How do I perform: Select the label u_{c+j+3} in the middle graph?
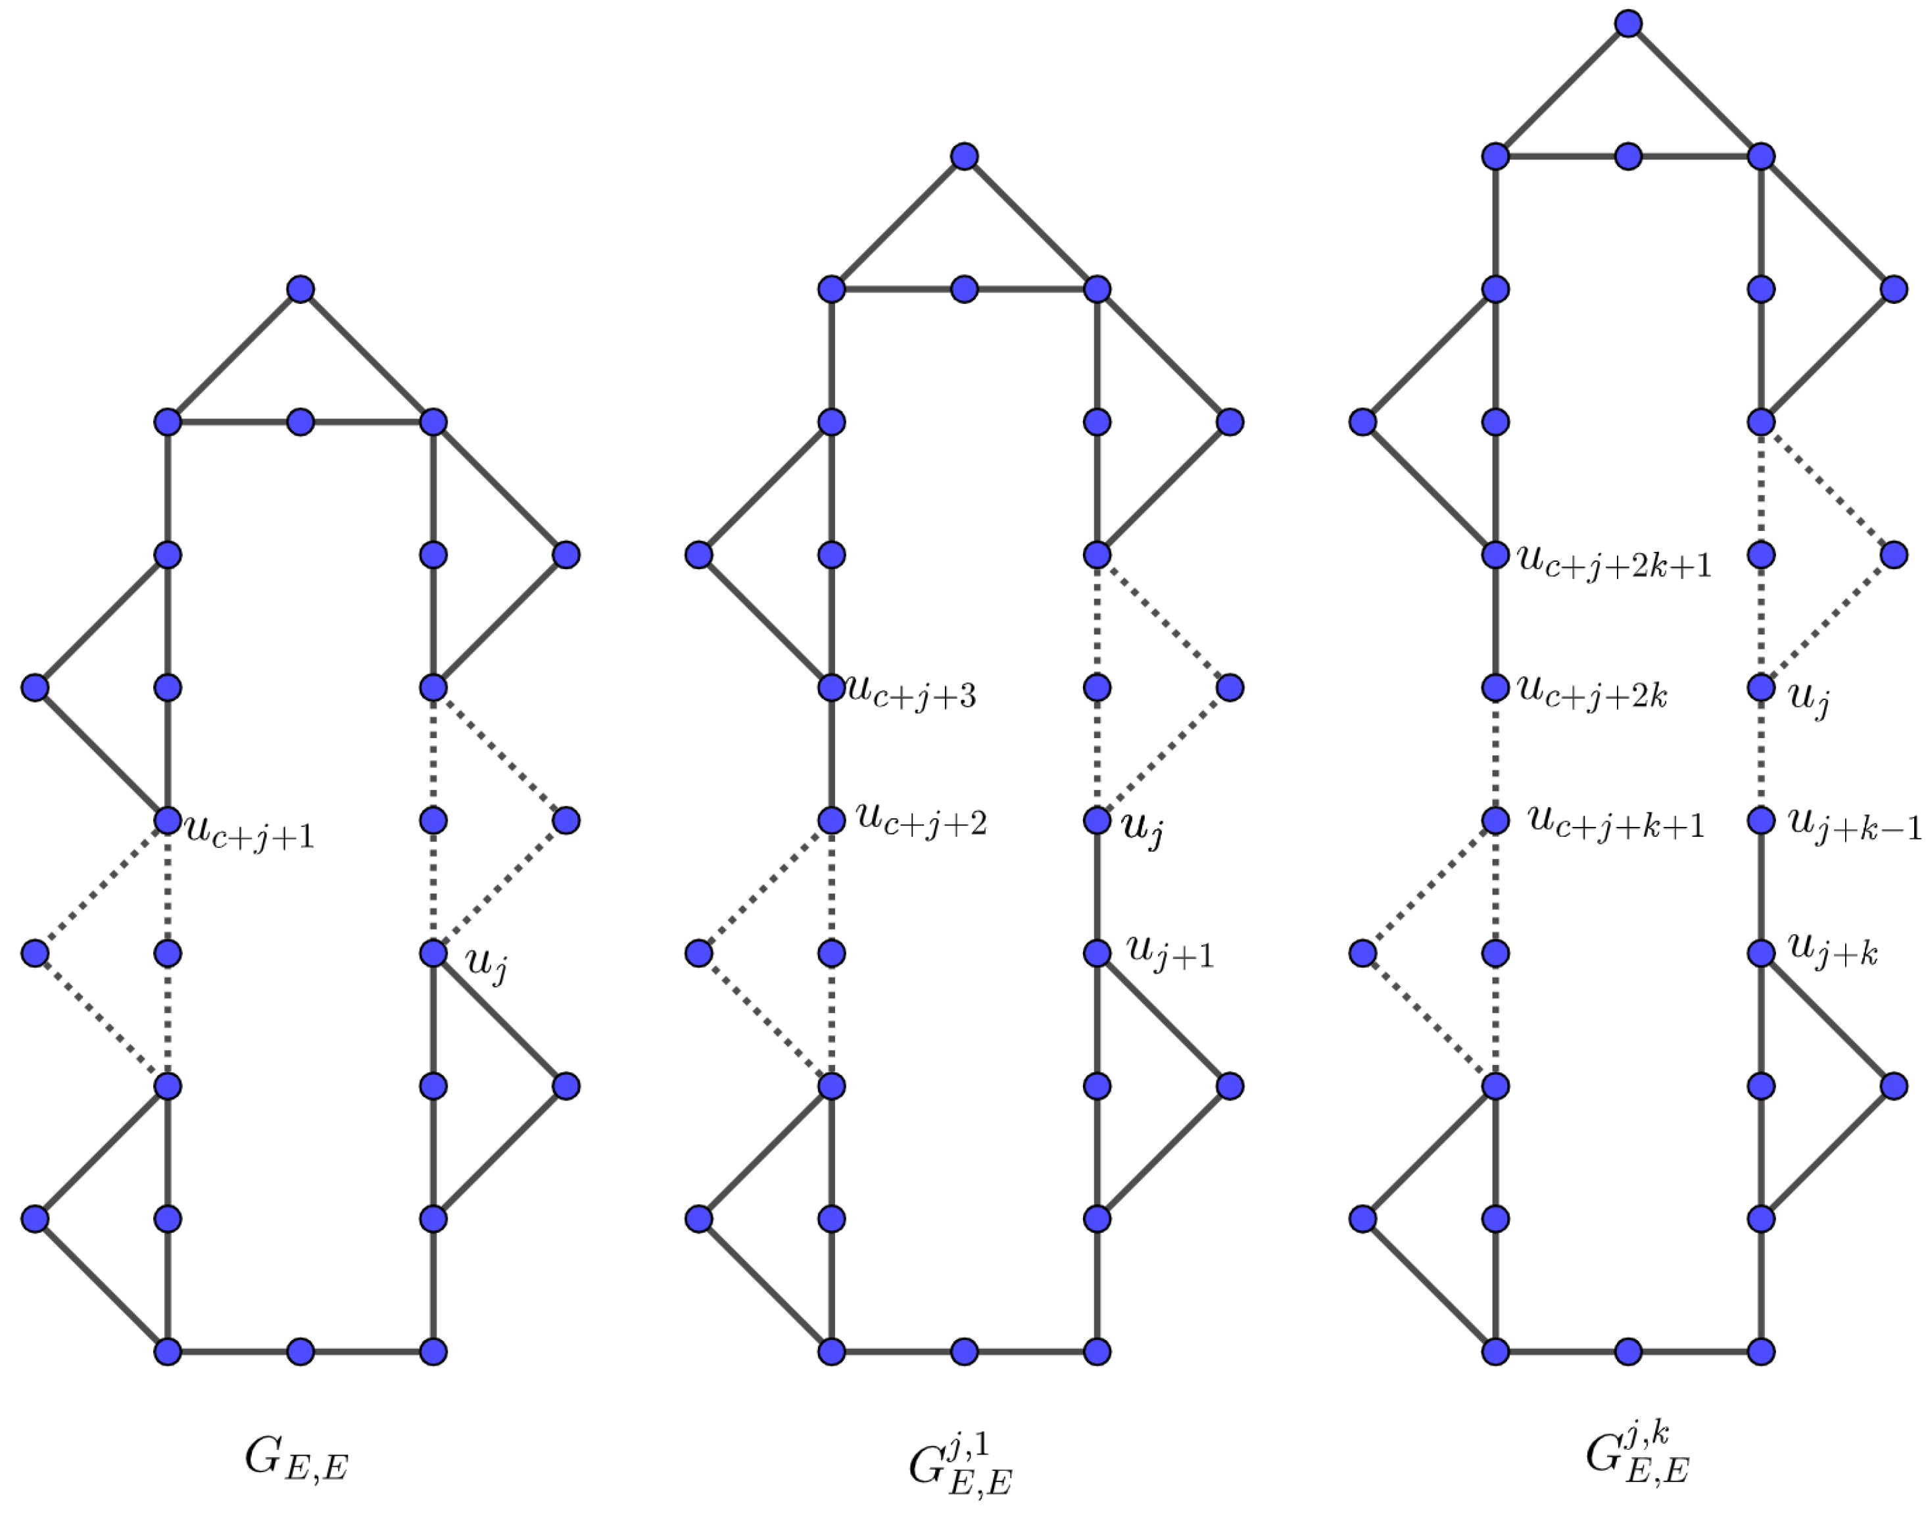point(911,693)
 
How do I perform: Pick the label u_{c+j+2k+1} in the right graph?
point(1614,562)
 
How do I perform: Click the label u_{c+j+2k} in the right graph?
point(1592,692)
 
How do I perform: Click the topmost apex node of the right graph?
point(1628,23)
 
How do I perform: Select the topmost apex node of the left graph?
point(301,289)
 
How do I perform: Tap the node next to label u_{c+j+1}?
point(168,820)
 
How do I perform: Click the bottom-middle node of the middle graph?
point(964,1352)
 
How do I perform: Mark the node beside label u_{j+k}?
point(1761,953)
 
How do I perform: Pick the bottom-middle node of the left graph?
point(301,1352)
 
